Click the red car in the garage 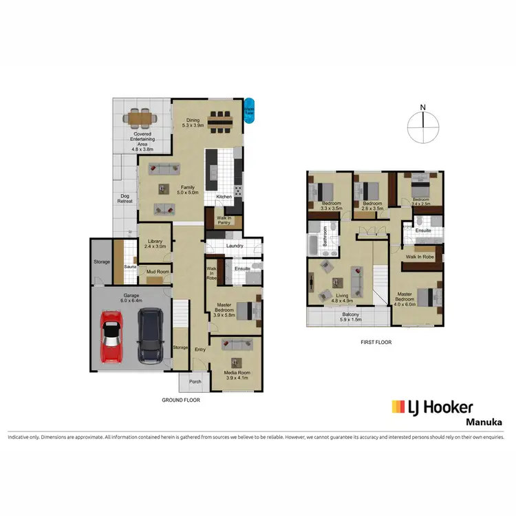pyautogui.click(x=114, y=336)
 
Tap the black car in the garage pyautogui.click(x=150, y=336)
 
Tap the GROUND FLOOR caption pyautogui.click(x=181, y=399)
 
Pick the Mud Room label pyautogui.click(x=158, y=272)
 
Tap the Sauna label pyautogui.click(x=129, y=266)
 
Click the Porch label pyautogui.click(x=195, y=382)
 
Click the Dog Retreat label pyautogui.click(x=125, y=200)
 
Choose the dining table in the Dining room pyautogui.click(x=221, y=121)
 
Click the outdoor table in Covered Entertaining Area pyautogui.click(x=140, y=117)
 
